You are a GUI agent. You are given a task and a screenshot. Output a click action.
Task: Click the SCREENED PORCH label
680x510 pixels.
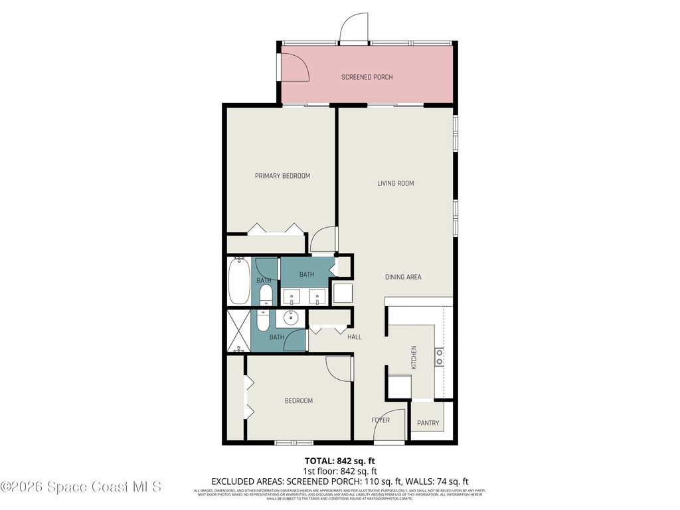pos(367,77)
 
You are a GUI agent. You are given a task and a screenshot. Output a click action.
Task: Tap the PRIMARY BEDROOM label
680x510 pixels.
pos(282,176)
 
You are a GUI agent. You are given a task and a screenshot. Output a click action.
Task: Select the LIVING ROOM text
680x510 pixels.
pos(396,183)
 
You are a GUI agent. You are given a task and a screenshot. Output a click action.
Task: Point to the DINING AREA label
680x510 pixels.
pos(403,277)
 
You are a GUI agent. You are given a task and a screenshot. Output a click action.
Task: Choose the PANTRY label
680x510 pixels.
pos(428,423)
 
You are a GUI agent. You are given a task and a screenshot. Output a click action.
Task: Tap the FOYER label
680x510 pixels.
pos(380,420)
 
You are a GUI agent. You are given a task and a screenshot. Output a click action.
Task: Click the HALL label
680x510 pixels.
pos(355,337)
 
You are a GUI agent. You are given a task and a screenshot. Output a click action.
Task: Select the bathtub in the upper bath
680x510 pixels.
pos(239,282)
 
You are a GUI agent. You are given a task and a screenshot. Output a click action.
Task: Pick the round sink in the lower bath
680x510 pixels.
pos(291,319)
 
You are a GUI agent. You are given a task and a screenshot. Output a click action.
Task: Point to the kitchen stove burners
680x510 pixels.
pos(439,357)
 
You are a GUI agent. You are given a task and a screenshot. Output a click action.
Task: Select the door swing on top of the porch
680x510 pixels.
pos(353,28)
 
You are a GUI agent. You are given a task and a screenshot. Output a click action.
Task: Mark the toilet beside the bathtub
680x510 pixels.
pos(265,295)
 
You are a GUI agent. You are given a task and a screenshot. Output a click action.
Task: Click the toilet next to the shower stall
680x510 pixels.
pos(263,321)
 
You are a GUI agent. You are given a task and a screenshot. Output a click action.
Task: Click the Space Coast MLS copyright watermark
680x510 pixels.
pos(81,487)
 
